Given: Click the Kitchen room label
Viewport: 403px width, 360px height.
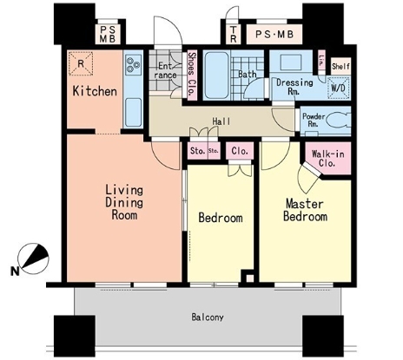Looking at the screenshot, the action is (95, 91).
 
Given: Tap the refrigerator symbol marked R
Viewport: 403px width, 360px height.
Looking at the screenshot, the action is (81, 63).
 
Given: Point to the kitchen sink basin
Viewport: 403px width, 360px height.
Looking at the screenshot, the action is (133, 112).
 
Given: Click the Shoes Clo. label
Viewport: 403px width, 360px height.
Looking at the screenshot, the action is (192, 75).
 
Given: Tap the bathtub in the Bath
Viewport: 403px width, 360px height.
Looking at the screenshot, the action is (217, 75).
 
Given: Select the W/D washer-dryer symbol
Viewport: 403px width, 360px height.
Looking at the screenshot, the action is (338, 88).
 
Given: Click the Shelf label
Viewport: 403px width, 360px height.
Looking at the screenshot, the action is (340, 67).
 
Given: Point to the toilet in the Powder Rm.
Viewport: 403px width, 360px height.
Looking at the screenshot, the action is (340, 121).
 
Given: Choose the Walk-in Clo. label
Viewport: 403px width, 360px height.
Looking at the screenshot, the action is (327, 159).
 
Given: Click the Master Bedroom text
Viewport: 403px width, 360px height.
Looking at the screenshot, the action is (305, 210).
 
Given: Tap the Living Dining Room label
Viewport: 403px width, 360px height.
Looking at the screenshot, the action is (124, 202).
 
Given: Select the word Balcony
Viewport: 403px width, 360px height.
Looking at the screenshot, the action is (208, 317).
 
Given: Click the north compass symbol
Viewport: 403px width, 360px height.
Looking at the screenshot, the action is (33, 259).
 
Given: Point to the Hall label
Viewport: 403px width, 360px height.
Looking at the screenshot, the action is (221, 121).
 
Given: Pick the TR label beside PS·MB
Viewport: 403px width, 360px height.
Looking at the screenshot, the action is (233, 34).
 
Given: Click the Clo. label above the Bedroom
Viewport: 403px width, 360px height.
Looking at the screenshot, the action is (240, 151).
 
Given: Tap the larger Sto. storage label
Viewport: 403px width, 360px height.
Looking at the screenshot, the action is (198, 151).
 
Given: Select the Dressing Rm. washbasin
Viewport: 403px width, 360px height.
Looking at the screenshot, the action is (291, 62).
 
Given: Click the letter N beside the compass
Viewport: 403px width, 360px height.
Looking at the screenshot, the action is (15, 272).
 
